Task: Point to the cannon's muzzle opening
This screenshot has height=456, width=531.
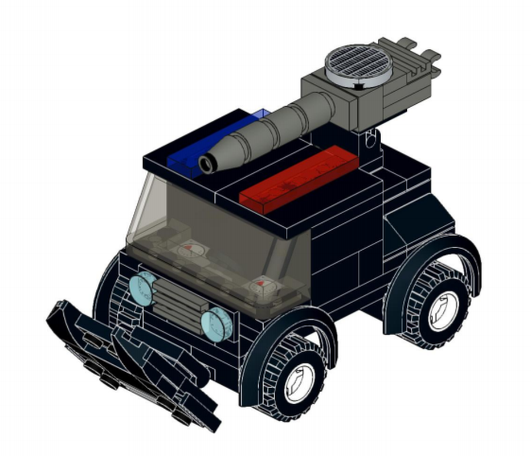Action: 206,165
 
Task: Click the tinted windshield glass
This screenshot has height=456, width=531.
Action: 217,228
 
